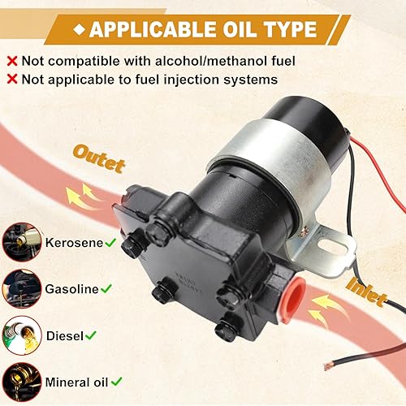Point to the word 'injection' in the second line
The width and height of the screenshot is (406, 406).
click(193, 80)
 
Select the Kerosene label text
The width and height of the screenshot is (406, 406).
click(74, 243)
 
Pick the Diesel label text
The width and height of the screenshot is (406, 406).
click(66, 334)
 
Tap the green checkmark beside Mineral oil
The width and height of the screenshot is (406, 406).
click(119, 379)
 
